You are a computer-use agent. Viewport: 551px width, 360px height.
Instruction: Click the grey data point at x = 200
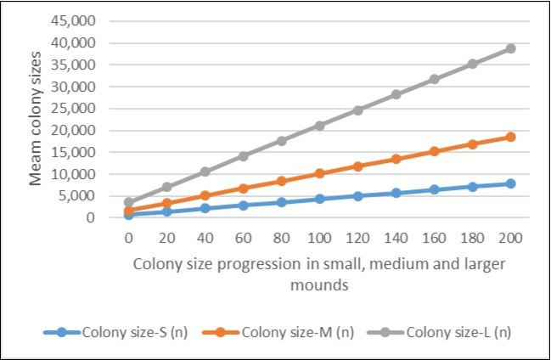(510, 48)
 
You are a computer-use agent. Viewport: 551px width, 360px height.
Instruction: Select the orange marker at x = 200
(510, 137)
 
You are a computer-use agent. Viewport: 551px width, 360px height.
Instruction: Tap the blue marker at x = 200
(510, 183)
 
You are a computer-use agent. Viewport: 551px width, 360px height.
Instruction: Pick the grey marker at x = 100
(319, 126)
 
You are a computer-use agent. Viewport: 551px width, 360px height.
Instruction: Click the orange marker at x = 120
(357, 166)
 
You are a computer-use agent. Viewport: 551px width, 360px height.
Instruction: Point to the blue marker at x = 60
(243, 205)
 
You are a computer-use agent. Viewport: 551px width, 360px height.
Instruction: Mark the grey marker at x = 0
(128, 203)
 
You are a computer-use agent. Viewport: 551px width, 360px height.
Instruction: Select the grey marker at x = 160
(434, 79)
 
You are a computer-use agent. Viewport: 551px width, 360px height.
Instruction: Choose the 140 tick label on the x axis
(396, 239)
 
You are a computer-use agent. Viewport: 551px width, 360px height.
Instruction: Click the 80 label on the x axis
(281, 239)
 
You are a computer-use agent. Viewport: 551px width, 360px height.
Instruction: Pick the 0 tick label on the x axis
(128, 239)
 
